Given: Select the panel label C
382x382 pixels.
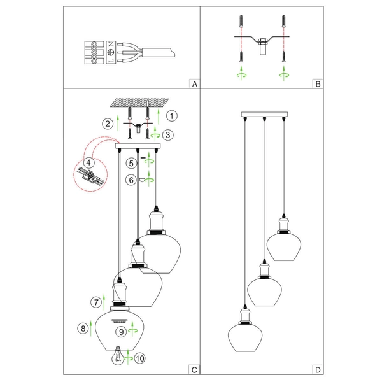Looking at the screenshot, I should (195, 369).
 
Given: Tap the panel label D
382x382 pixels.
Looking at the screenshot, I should (318, 369).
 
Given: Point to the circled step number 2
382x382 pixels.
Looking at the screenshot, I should (109, 123).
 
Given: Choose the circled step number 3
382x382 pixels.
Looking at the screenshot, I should (167, 134).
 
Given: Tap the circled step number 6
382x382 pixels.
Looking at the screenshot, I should (130, 180).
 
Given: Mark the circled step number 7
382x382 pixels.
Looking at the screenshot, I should (96, 301).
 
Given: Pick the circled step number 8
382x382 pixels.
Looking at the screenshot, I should (81, 329).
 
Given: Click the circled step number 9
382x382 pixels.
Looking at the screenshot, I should (120, 331).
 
